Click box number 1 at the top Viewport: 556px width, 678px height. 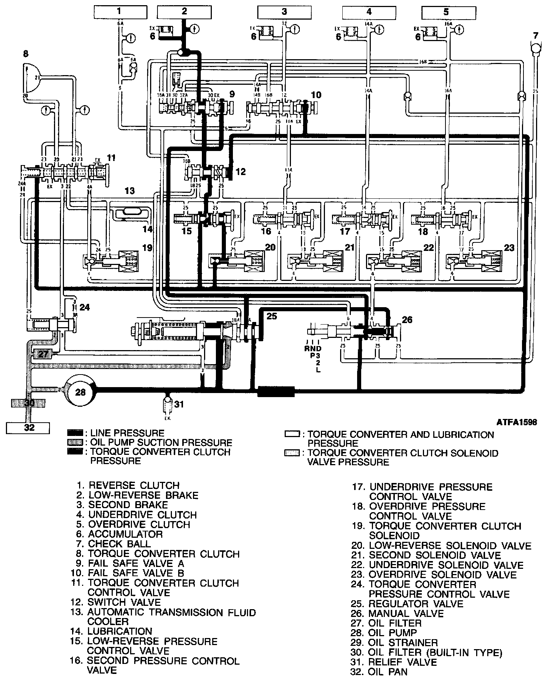[x=119, y=12]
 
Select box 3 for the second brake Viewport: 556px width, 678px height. [x=284, y=12]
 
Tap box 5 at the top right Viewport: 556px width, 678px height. [x=446, y=12]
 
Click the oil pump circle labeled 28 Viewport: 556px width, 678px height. [x=80, y=392]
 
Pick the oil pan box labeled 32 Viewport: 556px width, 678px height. [x=28, y=427]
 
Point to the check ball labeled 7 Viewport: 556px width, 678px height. [x=535, y=48]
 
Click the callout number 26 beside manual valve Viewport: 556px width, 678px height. [x=407, y=319]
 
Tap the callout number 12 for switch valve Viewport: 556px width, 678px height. [x=241, y=172]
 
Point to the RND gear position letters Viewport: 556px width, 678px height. [x=313, y=348]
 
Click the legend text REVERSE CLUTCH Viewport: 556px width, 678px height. [x=133, y=485]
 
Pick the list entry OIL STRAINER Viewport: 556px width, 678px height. [x=403, y=642]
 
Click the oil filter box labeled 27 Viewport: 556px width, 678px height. [x=43, y=354]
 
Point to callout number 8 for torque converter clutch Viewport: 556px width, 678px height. [x=25, y=54]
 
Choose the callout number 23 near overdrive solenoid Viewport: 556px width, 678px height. [x=509, y=248]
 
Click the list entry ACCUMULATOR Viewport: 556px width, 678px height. [x=125, y=534]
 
